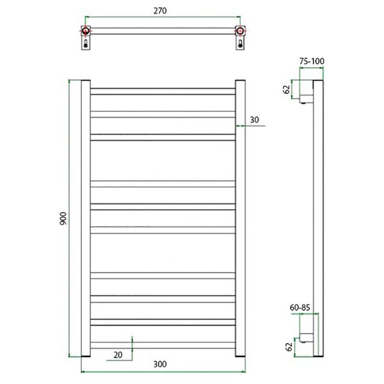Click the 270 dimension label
pyautogui.click(x=160, y=11)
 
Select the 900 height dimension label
pyautogui.click(x=63, y=218)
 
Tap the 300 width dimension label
pyautogui.click(x=160, y=364)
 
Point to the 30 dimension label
pyautogui.click(x=254, y=120)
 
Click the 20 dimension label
pyautogui.click(x=118, y=355)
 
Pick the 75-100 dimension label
pyautogui.click(x=312, y=61)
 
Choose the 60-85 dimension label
pyautogui.click(x=300, y=308)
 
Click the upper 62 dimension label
pyautogui.click(x=286, y=90)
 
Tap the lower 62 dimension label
pyautogui.click(x=289, y=347)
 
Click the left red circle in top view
pyautogui.click(x=86, y=31)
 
